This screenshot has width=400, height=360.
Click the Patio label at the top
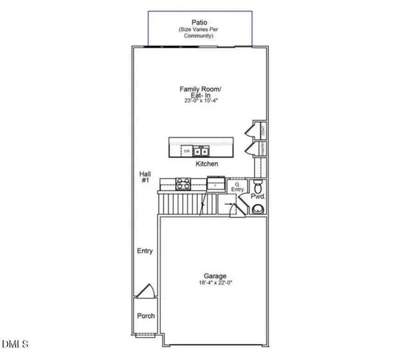tap(200, 22)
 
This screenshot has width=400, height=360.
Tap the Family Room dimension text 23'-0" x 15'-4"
tap(198, 100)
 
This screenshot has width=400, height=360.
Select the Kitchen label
tap(207, 164)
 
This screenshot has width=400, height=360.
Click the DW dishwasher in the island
tap(187, 150)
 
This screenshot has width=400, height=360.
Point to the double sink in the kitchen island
tap(200, 151)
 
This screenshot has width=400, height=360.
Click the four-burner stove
tap(183, 183)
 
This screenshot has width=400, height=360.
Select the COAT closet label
tap(263, 130)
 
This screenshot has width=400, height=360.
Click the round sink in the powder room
tap(258, 209)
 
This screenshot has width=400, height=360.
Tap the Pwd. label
tap(258, 197)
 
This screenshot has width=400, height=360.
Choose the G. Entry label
tap(237, 187)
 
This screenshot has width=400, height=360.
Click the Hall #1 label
tap(145, 177)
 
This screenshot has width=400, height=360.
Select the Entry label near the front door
tap(145, 251)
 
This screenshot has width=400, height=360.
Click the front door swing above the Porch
tap(147, 291)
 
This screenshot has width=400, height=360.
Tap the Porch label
tap(146, 316)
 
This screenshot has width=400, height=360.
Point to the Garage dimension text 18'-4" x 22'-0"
tap(215, 282)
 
